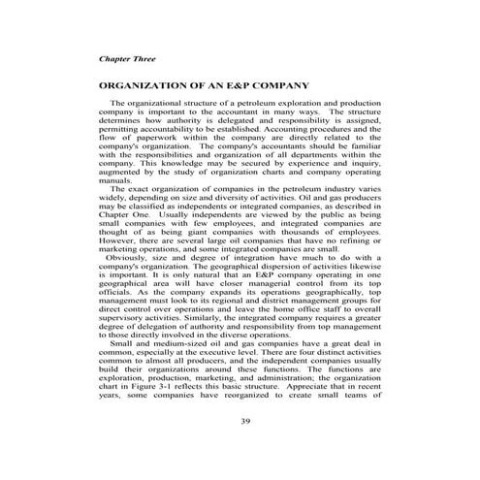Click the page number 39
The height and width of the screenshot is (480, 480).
[x=239, y=420]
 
